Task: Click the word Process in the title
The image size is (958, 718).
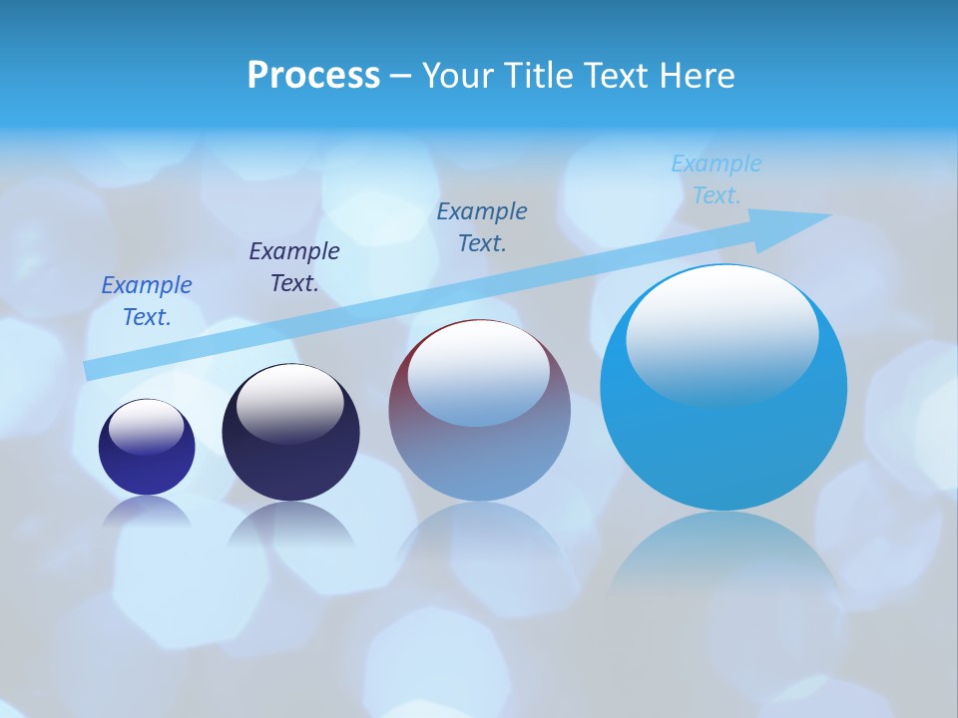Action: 313,76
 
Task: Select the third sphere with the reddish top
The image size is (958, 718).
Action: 479,439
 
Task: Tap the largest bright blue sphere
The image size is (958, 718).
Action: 723,439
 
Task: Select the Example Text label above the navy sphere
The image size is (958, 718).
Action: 294,267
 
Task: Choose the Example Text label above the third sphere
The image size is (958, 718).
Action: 482,227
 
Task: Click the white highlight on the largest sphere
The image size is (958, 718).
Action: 721,334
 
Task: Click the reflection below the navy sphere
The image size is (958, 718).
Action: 290,524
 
